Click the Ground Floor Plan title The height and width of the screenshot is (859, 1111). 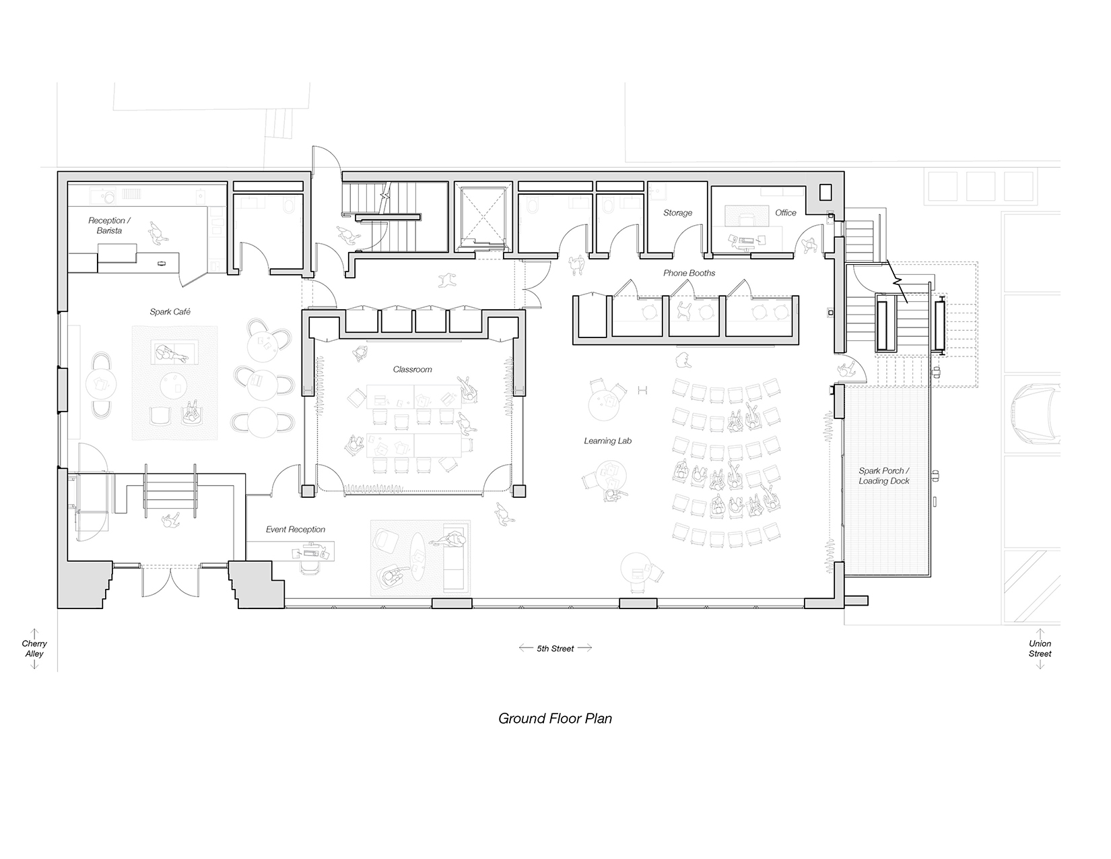[x=555, y=719]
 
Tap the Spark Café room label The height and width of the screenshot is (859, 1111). [x=170, y=311]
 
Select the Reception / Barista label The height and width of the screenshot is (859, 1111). [x=109, y=226]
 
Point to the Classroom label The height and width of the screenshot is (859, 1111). [x=412, y=369]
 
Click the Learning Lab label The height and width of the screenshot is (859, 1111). [x=607, y=441]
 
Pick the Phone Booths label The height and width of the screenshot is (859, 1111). [x=689, y=274]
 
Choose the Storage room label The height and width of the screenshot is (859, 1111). [x=677, y=213]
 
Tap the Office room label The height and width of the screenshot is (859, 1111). [x=785, y=213]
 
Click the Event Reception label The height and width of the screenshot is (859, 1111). [x=295, y=530]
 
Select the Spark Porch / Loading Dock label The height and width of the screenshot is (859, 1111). [x=884, y=476]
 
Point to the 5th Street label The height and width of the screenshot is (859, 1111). [x=555, y=649]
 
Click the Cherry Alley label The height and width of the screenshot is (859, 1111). [x=34, y=649]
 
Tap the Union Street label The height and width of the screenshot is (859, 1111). [x=1040, y=649]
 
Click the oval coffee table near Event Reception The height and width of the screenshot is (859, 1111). [x=418, y=556]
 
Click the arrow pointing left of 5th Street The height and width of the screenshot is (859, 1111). [x=526, y=648]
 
